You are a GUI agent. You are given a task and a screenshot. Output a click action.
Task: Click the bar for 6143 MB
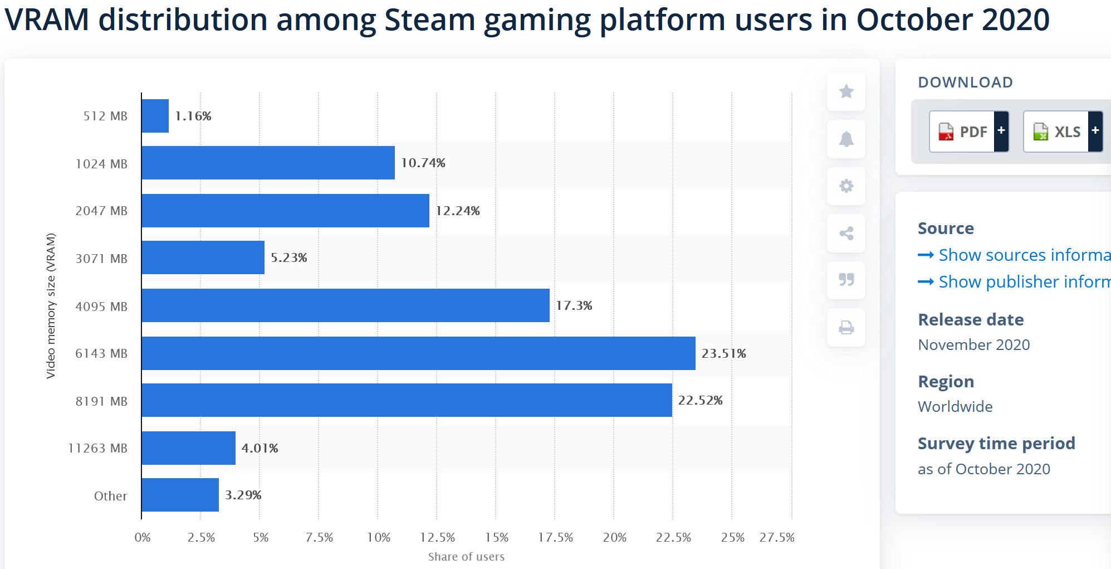[418, 353]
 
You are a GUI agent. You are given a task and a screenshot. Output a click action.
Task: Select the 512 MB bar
[155, 116]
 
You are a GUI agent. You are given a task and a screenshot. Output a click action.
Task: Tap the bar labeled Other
[180, 495]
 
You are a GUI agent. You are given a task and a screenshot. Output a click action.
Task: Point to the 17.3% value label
[574, 305]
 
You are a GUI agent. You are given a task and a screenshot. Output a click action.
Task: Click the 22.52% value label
[700, 400]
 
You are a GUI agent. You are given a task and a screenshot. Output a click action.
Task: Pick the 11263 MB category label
[98, 448]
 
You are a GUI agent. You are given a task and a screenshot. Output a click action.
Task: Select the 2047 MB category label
[101, 211]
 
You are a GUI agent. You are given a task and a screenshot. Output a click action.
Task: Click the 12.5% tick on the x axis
[437, 537]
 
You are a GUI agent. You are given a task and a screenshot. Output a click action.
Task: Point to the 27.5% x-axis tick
[777, 537]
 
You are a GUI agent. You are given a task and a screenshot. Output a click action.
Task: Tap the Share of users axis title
[466, 557]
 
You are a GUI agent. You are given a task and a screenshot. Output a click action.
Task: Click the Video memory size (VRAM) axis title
[51, 305]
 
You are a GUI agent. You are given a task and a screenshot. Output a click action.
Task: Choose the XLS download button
[1063, 132]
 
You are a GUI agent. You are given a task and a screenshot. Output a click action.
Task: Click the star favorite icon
[846, 91]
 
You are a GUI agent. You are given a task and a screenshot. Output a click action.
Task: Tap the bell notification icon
[846, 139]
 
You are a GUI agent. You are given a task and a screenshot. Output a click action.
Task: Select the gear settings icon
[846, 186]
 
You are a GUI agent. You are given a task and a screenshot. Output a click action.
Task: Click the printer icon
[846, 327]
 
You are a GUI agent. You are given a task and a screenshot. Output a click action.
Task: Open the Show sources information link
[1019, 255]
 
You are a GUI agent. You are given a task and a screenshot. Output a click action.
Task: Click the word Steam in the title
[429, 20]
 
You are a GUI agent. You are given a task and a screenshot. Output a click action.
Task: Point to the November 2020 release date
[974, 345]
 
